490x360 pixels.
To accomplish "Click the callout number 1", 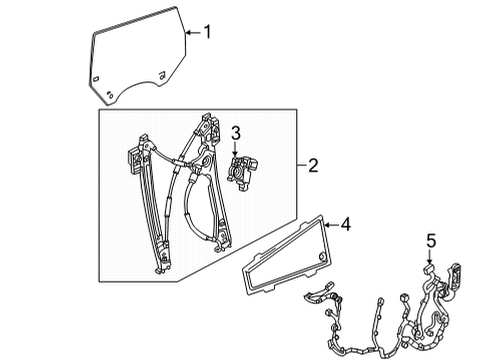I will pos(207,31).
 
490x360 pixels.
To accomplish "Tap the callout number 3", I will pos(237,132).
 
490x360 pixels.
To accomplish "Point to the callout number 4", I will pos(346,227).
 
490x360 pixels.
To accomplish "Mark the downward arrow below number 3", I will pos(237,148).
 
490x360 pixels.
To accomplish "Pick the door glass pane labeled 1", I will pos(135,60).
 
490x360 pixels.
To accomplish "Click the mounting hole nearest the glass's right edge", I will pos(165,75).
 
